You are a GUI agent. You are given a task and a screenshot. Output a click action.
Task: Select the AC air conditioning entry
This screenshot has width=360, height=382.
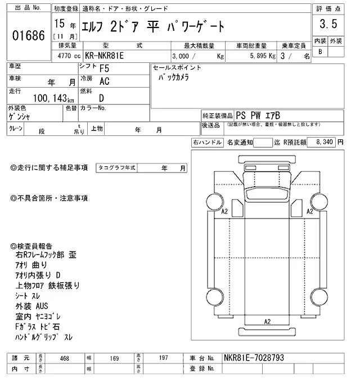[x=105, y=81]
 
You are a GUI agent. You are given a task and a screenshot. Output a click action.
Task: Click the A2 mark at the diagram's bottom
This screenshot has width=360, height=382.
[x=268, y=321]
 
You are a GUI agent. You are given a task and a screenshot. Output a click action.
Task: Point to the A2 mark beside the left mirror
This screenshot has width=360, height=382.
[x=224, y=211]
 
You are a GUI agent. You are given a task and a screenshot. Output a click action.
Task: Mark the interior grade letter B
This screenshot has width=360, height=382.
[x=321, y=52]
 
